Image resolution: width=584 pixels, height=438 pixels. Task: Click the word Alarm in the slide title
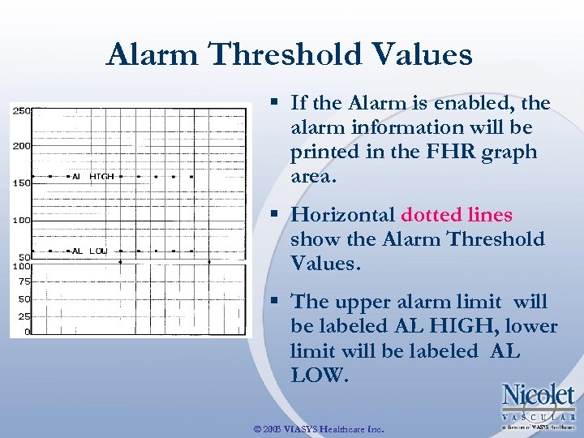point(152,55)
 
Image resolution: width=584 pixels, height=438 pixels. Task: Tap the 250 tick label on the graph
point(21,110)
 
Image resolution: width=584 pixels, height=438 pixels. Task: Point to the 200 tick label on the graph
point(21,147)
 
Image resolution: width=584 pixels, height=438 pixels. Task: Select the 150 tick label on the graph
point(21,183)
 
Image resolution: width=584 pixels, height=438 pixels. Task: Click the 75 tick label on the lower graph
point(24,281)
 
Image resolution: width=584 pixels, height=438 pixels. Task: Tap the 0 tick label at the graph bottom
point(27,332)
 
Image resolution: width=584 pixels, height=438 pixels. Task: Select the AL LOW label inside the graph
point(89,251)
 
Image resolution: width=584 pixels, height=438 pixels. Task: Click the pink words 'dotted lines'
point(457,215)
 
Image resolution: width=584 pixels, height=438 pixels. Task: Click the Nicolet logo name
point(538,396)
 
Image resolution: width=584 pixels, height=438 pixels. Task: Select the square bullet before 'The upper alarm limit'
point(276,302)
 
